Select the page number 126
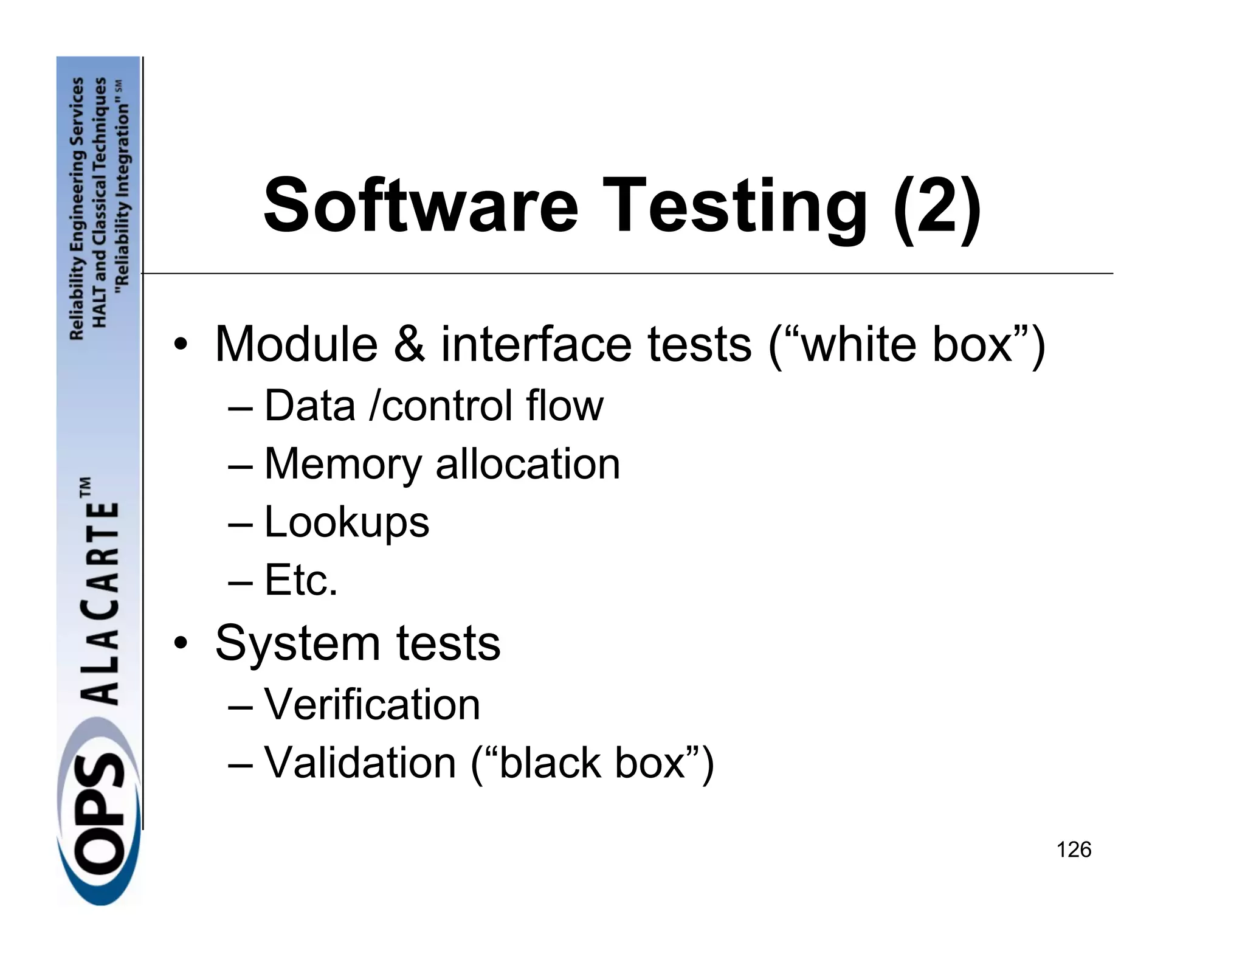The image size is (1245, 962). coord(1074,850)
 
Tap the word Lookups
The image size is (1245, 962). coord(347,522)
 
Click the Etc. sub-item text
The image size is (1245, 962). coord(301,580)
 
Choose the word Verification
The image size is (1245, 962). coord(372,705)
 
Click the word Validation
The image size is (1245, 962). coord(360,763)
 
